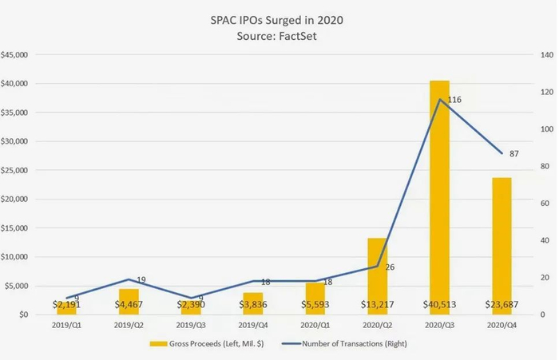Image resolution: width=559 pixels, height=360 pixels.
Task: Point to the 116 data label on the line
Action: pos(454,100)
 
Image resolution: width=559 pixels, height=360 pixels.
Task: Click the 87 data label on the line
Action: pos(514,153)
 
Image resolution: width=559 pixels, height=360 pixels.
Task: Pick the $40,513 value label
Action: pos(436,304)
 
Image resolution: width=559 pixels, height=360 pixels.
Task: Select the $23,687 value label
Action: pos(502,304)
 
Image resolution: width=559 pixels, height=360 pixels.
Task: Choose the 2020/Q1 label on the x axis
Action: pos(315,326)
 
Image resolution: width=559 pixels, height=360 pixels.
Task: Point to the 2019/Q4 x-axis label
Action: pos(254,326)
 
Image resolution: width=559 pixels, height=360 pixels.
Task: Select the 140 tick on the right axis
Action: pos(547,55)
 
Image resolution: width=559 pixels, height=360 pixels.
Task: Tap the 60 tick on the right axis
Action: pos(545,204)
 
